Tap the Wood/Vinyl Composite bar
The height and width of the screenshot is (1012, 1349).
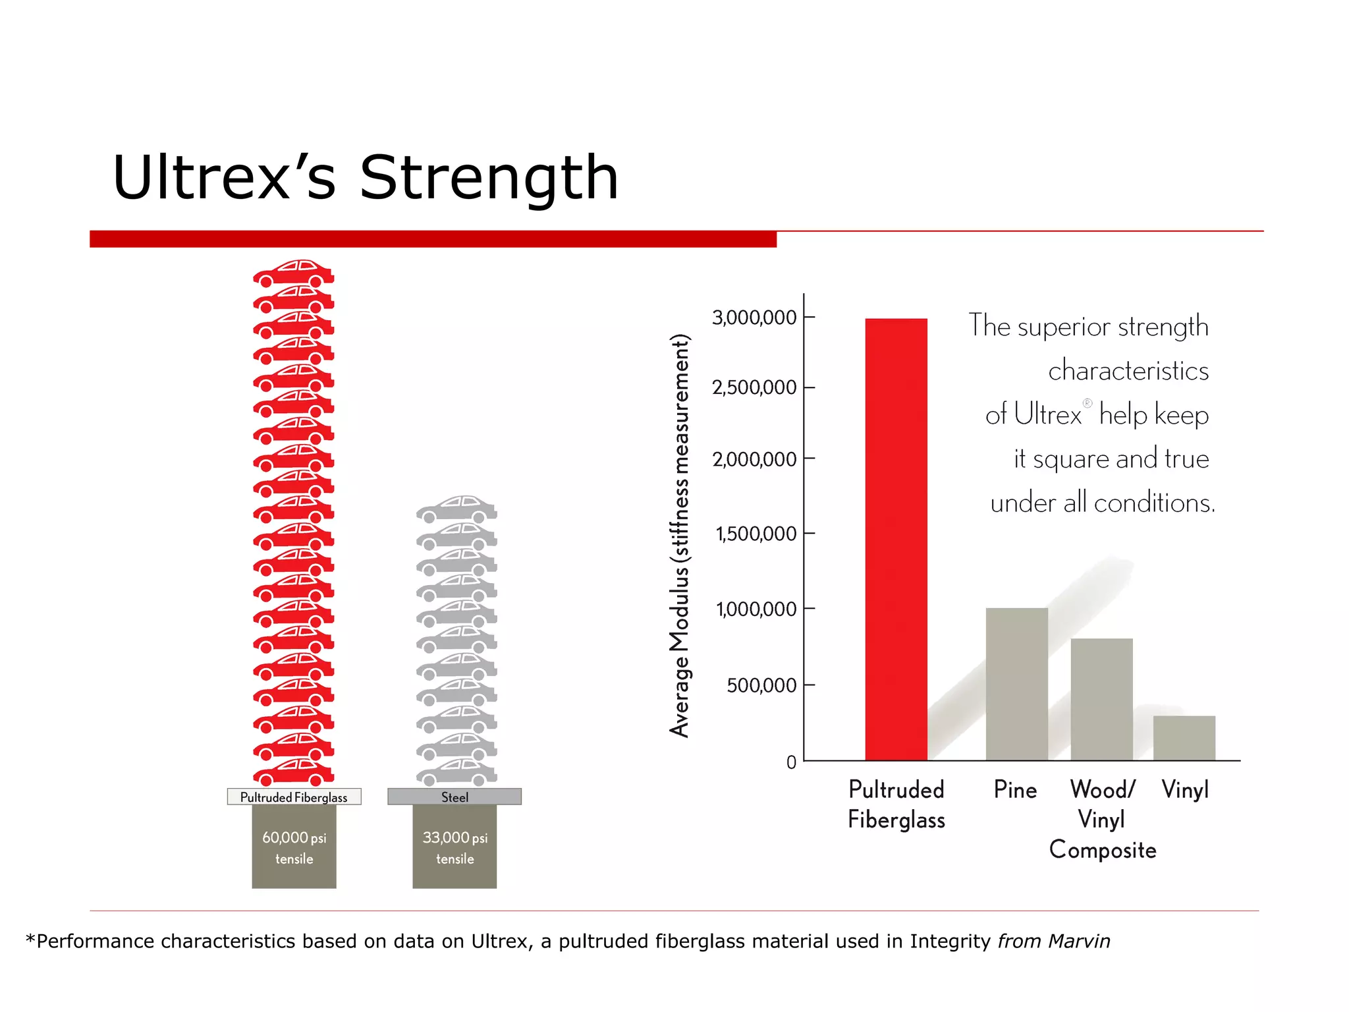[x=1101, y=699]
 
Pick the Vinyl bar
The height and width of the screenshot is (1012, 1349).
[x=1184, y=738]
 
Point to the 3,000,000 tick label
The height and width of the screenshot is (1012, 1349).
[x=754, y=318]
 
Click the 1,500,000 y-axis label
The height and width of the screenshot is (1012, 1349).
[x=756, y=533]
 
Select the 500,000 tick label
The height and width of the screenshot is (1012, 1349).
[x=761, y=686]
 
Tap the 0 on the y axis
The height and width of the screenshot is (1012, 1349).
[x=791, y=762]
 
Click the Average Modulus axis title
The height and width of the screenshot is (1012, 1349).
[x=680, y=535]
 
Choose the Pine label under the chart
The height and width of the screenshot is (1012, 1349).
[x=1015, y=789]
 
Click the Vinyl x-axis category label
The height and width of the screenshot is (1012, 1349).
[x=1185, y=789]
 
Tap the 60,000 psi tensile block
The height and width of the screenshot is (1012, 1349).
[x=294, y=847]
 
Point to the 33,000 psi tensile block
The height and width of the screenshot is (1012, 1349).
[x=454, y=847]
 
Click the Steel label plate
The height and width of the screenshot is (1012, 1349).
[x=454, y=797]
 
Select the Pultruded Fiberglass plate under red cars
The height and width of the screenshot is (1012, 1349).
[x=294, y=797]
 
